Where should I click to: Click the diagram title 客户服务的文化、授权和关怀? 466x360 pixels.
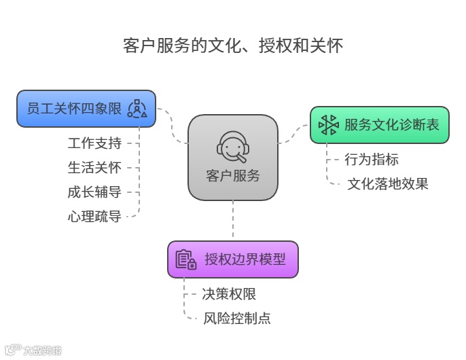coord(233,46)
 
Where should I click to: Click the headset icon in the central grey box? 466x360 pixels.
coord(232,145)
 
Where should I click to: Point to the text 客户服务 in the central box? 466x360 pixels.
coord(232,175)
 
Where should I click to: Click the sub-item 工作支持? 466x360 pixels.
coord(94,143)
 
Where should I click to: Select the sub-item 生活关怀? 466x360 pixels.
coord(94,168)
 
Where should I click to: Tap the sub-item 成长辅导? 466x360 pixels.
coord(94,192)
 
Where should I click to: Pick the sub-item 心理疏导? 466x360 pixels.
coord(94,217)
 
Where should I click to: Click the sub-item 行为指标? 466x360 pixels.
coord(372,160)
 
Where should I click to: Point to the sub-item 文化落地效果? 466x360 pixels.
coord(388,183)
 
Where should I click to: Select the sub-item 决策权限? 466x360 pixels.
coord(229,294)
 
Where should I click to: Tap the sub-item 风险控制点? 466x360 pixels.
coord(237,318)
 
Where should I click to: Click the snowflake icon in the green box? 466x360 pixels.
coord(329,125)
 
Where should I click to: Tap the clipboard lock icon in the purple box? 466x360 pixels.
coord(185,259)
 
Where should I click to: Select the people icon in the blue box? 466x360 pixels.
coord(137,109)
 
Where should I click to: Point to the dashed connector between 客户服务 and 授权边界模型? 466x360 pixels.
coord(233,221)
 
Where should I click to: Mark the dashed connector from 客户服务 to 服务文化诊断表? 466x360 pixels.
coord(293,138)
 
